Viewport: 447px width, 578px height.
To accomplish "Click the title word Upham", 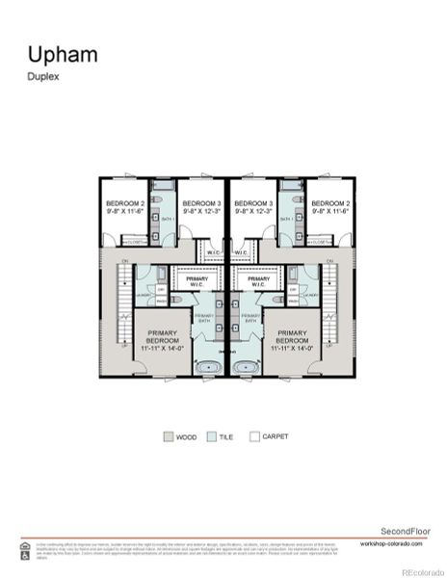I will tap(62, 54).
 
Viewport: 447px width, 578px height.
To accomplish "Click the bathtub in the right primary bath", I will tap(246, 366).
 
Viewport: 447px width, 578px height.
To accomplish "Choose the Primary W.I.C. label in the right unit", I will tap(257, 281).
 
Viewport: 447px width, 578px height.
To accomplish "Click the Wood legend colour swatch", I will tap(169, 436).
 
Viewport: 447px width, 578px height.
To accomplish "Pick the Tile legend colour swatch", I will tap(213, 436).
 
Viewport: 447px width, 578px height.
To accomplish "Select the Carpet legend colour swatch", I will tap(254, 436).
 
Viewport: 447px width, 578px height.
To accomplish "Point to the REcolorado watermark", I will tap(422, 567).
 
